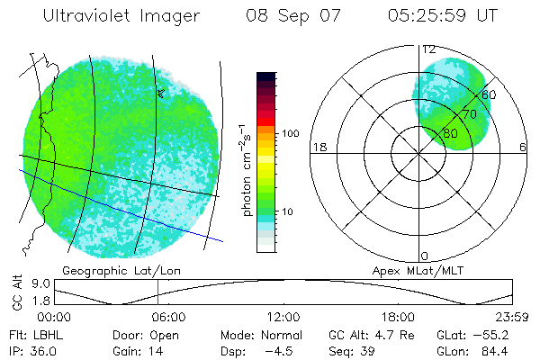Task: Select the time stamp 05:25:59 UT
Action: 441,16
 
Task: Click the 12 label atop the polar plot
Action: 429,49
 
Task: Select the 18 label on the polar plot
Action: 318,147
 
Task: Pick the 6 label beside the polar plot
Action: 523,147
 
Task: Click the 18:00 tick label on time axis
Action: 398,317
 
